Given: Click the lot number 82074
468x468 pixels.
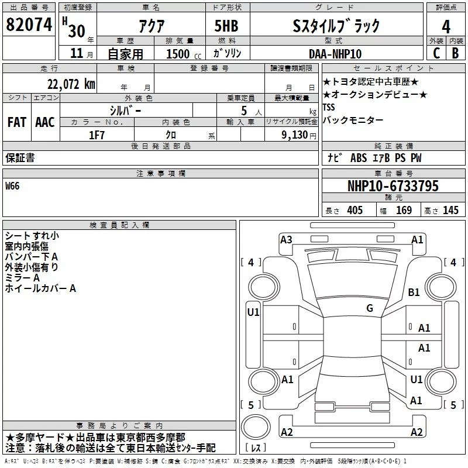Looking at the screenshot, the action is (29, 25).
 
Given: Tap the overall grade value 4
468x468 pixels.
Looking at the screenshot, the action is (446, 27).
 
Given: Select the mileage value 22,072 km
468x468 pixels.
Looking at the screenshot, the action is (71, 84).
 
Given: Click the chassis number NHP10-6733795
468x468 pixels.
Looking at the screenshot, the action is (393, 186).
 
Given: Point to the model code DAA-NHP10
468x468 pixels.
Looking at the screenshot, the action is (335, 54).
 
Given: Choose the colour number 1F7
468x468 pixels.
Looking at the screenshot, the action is (97, 135).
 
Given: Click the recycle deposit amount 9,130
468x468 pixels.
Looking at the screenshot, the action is (295, 135).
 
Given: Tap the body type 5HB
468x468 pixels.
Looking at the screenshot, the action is (226, 26).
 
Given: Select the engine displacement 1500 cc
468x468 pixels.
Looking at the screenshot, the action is (184, 54).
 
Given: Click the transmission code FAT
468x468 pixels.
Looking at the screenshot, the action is (17, 122).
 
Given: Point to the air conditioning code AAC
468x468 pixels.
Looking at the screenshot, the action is (45, 122).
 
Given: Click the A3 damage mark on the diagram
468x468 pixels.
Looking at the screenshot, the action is (286, 239).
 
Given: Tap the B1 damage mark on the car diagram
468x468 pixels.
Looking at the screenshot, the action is (414, 292).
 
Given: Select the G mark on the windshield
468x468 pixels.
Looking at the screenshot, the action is (370, 308).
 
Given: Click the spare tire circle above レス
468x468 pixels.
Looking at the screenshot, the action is (256, 427).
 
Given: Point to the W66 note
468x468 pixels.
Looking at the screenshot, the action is (12, 186).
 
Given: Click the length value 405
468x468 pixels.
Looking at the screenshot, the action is (355, 210).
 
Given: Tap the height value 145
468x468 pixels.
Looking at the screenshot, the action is (450, 210).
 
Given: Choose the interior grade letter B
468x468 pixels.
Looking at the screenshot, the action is (455, 53).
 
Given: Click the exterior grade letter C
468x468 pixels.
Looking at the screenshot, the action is (436, 53).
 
